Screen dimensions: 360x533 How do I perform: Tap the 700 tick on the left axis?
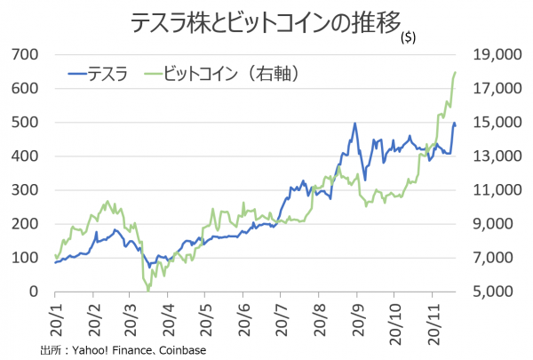[x=26, y=55]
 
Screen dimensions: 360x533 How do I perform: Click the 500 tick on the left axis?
[x=26, y=123]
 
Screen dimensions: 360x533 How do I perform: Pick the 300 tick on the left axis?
[x=26, y=190]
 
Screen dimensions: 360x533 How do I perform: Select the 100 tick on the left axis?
[x=26, y=258]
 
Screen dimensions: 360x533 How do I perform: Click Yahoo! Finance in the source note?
[x=115, y=350]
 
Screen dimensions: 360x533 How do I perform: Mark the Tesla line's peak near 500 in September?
[x=354, y=124]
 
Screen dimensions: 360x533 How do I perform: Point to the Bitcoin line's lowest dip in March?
[x=147, y=289]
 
